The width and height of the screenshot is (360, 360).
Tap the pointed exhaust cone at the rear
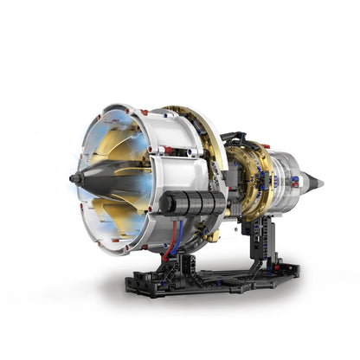point(318,183)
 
